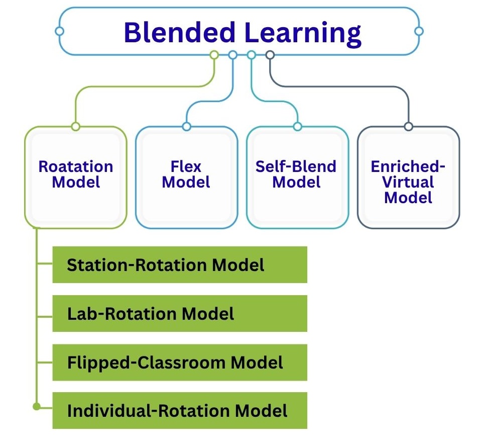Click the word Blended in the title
pos(179,33)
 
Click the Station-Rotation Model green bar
pos(180,264)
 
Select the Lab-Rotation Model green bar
pos(180,314)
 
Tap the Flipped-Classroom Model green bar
pos(180,362)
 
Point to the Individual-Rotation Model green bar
pos(180,410)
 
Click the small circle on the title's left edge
pos(59,31)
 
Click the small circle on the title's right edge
pos(419,31)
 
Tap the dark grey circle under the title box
pos(270,55)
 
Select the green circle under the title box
pos(214,55)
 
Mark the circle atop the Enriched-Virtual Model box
pos(408,126)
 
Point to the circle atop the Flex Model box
pos(186,126)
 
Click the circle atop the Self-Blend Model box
pos(297,126)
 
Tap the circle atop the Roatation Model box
pos(75,126)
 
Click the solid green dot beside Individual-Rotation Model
pos(36,406)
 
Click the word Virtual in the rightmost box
pos(408,182)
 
